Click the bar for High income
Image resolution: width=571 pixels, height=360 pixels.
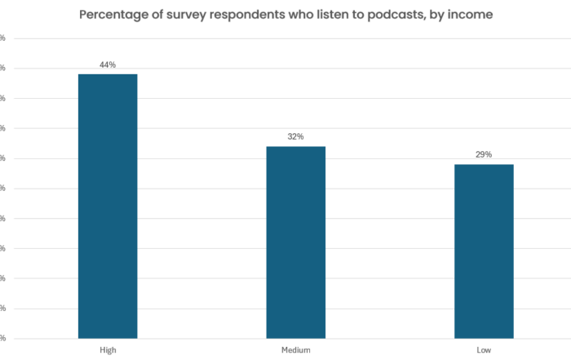pos(108,206)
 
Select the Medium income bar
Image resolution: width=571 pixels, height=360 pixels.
pos(296,242)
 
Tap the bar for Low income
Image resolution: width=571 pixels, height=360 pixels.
pos(484,251)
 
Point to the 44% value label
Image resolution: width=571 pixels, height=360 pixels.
pos(108,64)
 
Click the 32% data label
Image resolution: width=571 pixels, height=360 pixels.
pos(296,136)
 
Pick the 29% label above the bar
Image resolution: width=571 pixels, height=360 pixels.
pos(484,154)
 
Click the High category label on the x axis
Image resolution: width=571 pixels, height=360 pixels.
pos(108,349)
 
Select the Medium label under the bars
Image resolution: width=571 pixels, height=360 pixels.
pos(296,349)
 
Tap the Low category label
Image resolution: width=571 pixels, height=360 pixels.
pos(484,349)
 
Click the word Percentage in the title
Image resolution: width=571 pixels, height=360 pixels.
pos(117,15)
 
